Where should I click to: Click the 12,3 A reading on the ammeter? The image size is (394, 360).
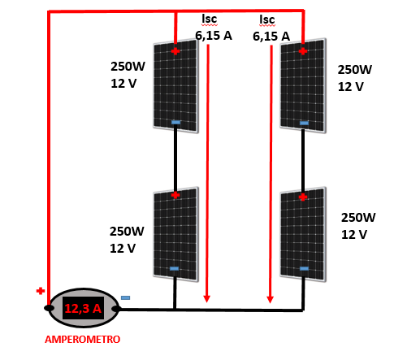[83, 308]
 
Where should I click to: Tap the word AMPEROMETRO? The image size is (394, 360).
[82, 340]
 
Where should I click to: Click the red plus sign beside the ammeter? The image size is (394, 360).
[41, 291]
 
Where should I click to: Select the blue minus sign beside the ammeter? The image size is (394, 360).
[125, 297]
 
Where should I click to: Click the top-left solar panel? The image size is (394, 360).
[175, 86]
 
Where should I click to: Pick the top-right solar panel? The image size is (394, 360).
[303, 85]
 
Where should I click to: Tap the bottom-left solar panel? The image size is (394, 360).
[175, 234]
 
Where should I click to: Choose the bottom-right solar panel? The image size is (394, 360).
[303, 234]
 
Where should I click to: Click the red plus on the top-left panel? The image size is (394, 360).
[175, 51]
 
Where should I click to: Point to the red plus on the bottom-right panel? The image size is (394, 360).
[303, 197]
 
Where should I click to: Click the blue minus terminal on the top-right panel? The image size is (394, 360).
[304, 124]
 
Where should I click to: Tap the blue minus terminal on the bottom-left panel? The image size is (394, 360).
[174, 269]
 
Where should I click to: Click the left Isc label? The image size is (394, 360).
[210, 19]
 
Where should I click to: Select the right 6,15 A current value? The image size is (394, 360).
[271, 37]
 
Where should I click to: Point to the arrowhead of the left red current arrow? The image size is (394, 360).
[207, 299]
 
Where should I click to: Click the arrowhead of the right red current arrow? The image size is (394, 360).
[270, 300]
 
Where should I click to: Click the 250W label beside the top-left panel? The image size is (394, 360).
[128, 67]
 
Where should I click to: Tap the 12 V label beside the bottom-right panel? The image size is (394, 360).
[354, 235]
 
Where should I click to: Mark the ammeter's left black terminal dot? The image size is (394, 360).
[49, 308]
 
